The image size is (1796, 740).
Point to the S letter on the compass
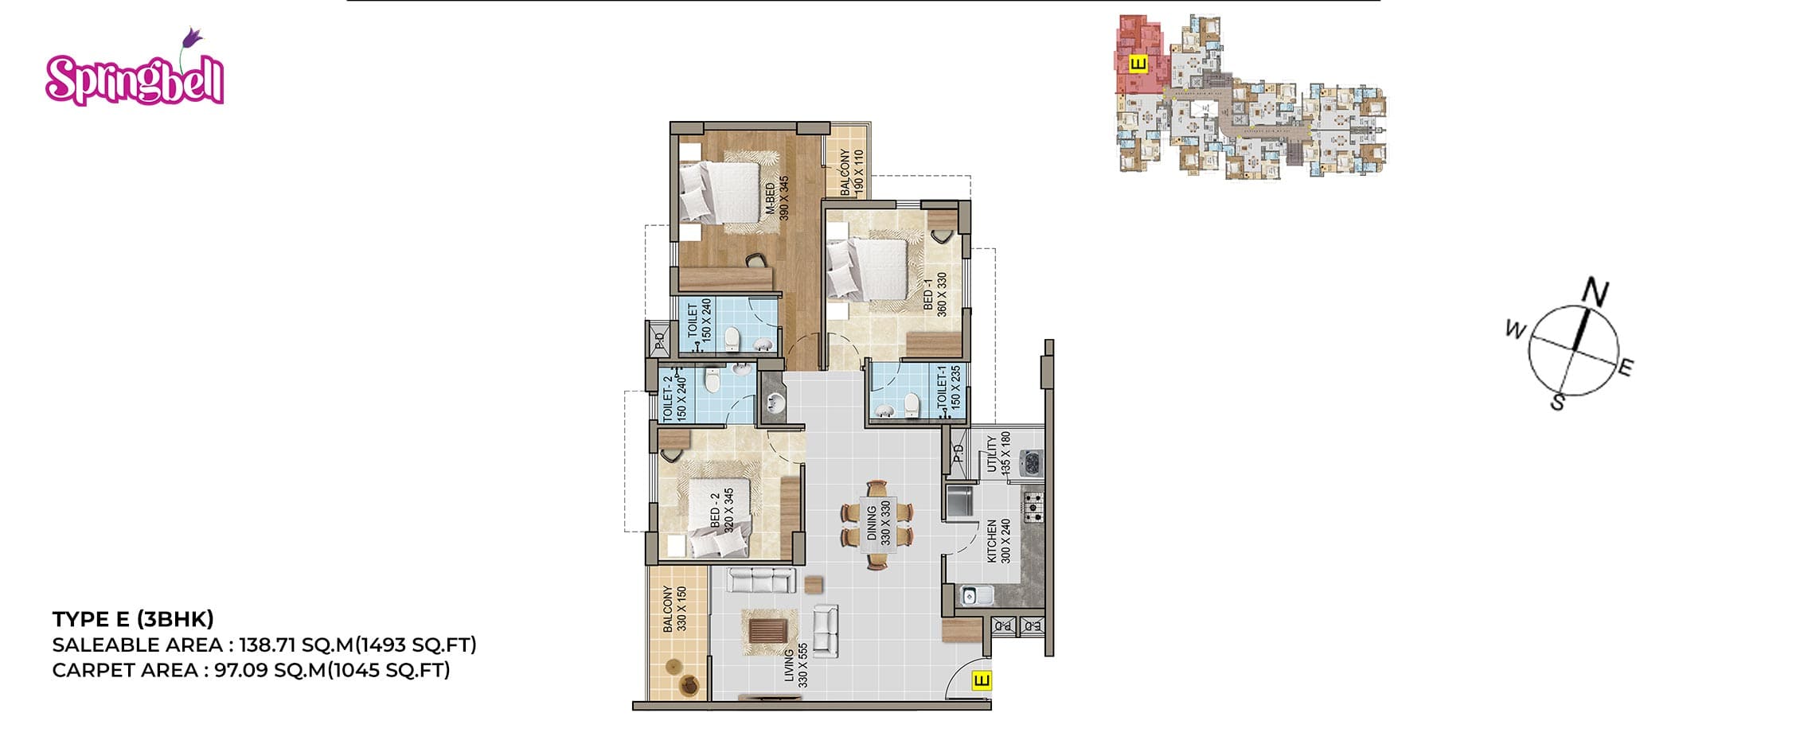(x=1558, y=403)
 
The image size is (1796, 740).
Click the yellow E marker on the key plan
(x=1138, y=63)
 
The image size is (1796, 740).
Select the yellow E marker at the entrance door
(x=982, y=681)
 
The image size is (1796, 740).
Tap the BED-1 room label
(x=935, y=295)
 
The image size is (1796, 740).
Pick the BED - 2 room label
(x=721, y=509)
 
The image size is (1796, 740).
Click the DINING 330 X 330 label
(x=878, y=523)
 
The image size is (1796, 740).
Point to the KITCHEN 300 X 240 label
(x=998, y=542)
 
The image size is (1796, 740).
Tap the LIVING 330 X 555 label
(x=796, y=665)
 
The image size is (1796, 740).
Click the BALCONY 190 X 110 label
(x=851, y=173)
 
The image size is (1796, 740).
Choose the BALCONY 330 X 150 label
(x=674, y=610)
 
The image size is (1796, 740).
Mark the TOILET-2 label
(x=674, y=398)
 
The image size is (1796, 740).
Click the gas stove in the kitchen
(x=1033, y=507)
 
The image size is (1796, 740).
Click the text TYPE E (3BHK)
(x=133, y=619)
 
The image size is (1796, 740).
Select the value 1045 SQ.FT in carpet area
(x=391, y=670)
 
